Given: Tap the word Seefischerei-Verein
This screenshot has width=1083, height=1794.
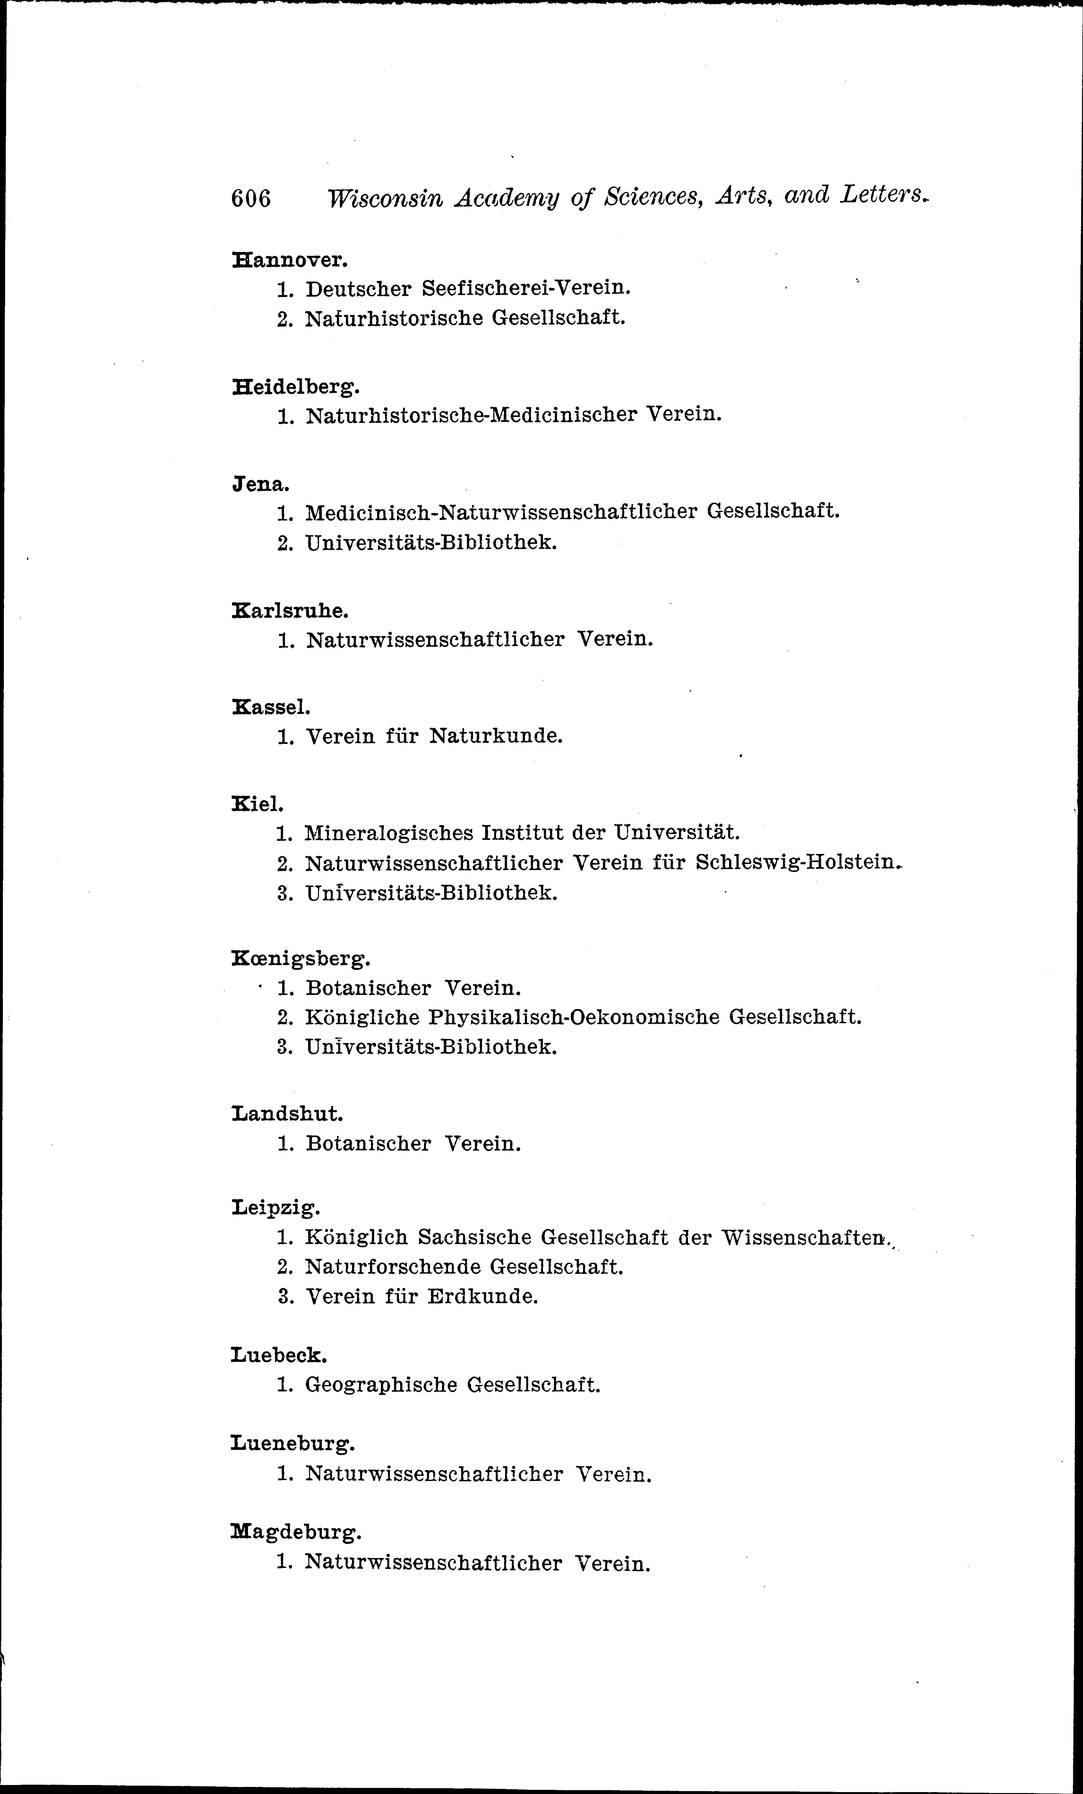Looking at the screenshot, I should [x=526, y=288].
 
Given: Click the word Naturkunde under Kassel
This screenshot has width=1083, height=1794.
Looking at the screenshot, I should [x=496, y=736].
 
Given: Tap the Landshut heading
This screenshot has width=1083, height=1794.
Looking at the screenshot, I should [x=287, y=1114].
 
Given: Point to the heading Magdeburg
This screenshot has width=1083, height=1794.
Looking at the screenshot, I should [x=296, y=1533].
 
